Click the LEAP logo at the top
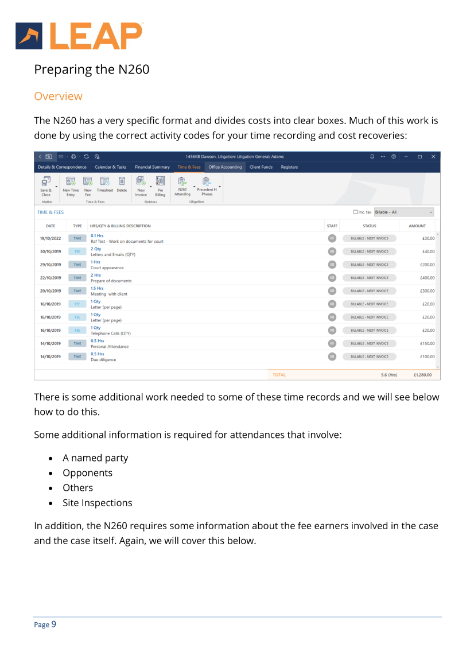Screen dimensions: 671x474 click(79, 36)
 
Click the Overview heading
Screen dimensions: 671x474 click(58, 96)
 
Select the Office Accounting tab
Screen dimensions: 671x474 click(225, 167)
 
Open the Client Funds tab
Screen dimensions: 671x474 click(261, 167)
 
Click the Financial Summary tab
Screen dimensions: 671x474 click(152, 167)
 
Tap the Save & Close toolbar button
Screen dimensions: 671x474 click(46, 187)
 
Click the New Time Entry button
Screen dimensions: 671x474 click(71, 187)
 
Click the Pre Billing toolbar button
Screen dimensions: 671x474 click(160, 187)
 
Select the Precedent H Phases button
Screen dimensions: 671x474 click(207, 187)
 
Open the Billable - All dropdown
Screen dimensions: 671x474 click(403, 212)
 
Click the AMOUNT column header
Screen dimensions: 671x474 click(417, 226)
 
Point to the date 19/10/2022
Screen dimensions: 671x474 click(50, 238)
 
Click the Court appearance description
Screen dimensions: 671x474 click(107, 267)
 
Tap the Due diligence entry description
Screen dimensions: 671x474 click(103, 360)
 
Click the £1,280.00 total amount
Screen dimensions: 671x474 click(425, 375)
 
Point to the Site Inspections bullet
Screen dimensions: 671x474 click(97, 503)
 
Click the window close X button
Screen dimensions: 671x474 click(433, 157)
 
